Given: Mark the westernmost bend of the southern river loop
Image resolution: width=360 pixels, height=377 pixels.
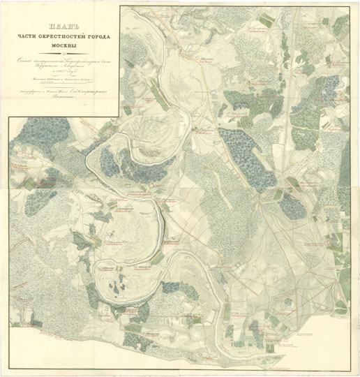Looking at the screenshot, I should (x=98, y=269).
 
